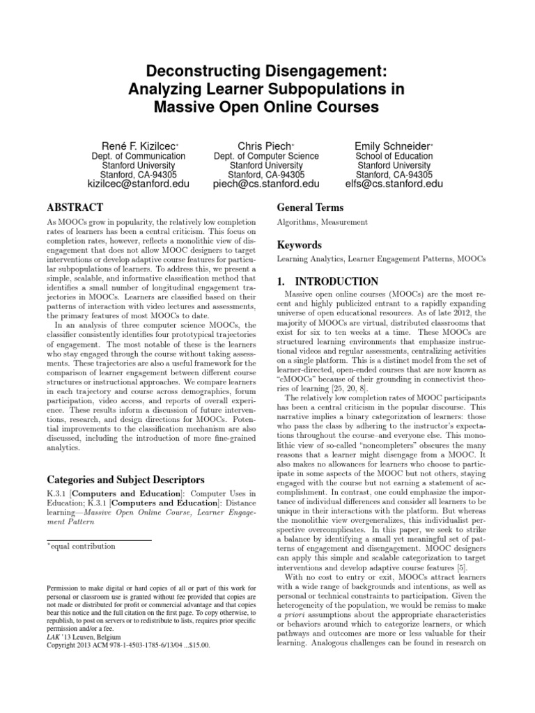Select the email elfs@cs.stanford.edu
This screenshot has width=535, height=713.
pos(394,185)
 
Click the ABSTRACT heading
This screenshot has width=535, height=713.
pos(75,207)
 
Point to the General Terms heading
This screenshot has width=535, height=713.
pos(310,207)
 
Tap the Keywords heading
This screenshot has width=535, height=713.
pos(300,245)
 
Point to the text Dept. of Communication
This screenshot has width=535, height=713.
pos(139,157)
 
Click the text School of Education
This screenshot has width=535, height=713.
pos(394,157)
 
